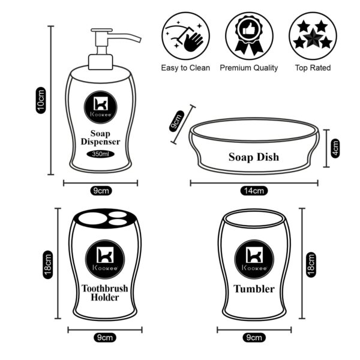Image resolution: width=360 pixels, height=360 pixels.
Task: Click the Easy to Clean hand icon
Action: point(185,35)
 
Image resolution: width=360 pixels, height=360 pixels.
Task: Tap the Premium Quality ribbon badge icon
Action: point(248,35)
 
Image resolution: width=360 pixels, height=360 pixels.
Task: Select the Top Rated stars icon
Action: point(312,35)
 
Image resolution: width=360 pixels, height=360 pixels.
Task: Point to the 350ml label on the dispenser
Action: point(101,154)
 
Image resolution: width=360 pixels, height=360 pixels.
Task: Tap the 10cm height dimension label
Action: point(41,100)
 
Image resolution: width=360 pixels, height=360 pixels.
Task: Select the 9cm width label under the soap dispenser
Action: point(101,191)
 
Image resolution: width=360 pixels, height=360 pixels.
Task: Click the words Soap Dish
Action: point(254,157)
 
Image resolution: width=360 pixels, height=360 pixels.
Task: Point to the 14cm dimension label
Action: point(253,191)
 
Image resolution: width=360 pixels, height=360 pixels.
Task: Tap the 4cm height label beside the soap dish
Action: point(335,148)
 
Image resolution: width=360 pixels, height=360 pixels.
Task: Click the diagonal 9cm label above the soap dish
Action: point(178,123)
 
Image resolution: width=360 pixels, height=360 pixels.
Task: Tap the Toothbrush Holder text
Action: point(104,293)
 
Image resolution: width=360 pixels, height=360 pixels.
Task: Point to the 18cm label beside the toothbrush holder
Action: point(48,265)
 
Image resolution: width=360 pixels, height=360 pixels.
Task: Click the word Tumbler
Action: point(254,289)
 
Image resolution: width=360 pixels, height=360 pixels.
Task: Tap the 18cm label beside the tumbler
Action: point(311,265)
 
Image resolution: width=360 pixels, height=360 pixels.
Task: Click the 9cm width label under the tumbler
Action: point(254,338)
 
